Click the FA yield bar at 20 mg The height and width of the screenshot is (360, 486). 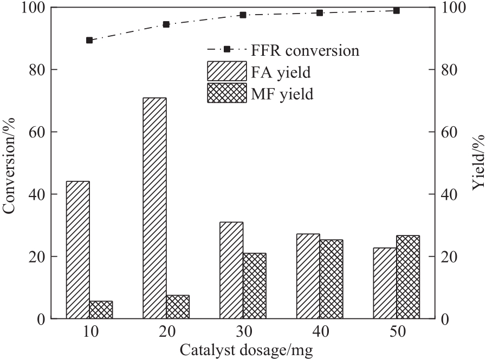tap(154, 208)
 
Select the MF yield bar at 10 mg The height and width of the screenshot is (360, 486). tap(101, 310)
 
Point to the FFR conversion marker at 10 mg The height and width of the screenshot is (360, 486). tap(89, 40)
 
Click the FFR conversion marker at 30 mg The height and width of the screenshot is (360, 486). tap(243, 15)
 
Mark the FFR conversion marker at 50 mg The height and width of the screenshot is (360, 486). tap(396, 11)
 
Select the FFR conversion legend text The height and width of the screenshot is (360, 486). tap(304, 51)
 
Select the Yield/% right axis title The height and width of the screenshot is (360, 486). tap(477, 163)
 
